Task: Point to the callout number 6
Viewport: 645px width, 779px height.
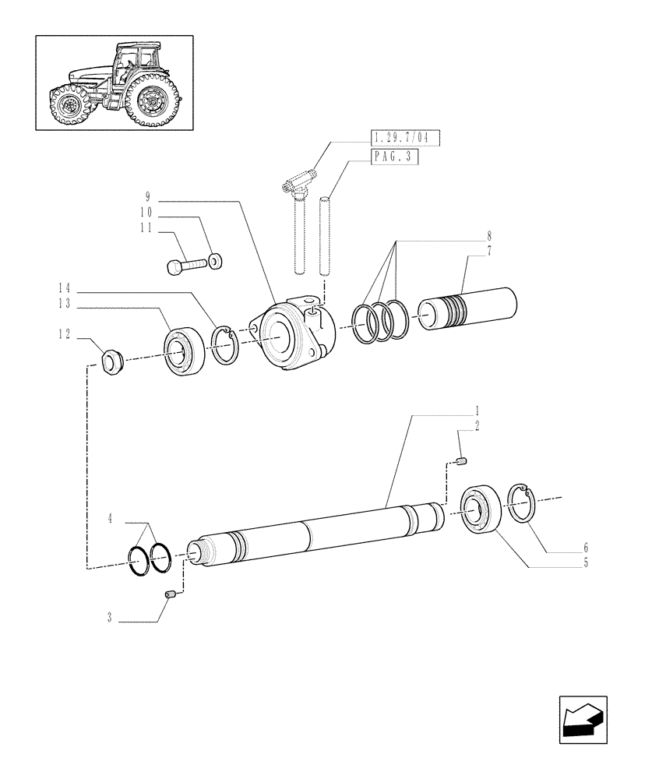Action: tap(586, 548)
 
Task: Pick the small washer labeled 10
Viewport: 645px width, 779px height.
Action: tap(216, 259)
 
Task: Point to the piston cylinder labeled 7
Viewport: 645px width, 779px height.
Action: tap(468, 309)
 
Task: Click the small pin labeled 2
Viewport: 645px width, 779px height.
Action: tap(461, 463)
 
